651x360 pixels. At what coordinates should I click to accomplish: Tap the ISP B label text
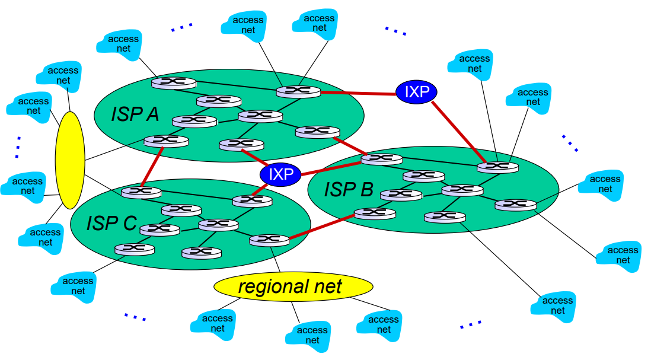(349, 189)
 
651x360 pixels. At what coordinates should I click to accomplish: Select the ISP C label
(111, 223)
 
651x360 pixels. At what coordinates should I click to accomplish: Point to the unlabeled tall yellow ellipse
(70, 160)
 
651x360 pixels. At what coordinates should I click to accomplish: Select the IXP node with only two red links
(416, 91)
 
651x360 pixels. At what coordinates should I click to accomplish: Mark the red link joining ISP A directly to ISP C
(152, 167)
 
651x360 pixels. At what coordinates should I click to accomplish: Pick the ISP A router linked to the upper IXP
(298, 91)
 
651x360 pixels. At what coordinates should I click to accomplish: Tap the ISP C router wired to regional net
(269, 240)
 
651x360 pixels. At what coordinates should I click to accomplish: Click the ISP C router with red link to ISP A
(141, 192)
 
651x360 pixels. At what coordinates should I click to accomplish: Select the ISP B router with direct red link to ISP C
(375, 213)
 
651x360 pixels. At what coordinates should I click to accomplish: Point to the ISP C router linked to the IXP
(252, 200)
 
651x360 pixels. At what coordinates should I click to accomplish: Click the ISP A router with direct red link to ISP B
(318, 131)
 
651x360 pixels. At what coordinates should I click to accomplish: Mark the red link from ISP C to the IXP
(263, 189)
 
